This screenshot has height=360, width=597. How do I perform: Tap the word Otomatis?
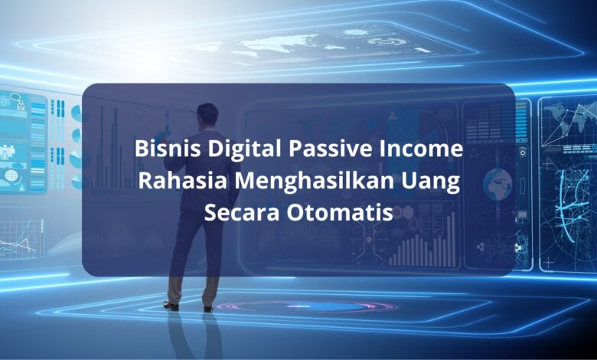point(340,213)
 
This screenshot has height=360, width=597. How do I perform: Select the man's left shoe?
point(171,305)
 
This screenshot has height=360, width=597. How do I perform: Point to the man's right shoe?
point(208,309)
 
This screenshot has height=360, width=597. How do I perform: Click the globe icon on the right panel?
point(497,183)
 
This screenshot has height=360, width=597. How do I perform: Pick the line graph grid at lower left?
point(20,240)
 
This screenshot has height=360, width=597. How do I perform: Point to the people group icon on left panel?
point(8,152)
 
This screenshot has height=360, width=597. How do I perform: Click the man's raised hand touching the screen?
point(167,134)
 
